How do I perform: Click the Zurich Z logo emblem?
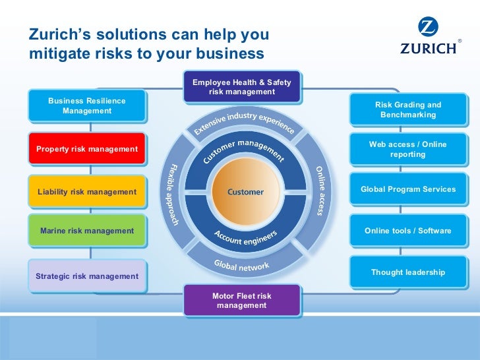[x=428, y=28]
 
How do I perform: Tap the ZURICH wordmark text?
[x=428, y=48]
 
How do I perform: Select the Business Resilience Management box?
[x=87, y=105]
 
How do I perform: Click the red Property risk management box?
[x=87, y=149]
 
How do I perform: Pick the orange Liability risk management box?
[x=87, y=192]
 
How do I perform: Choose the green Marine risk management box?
[x=87, y=231]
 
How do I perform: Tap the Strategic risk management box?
[x=87, y=276]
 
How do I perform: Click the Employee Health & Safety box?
[x=241, y=87]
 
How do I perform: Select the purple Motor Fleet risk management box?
[x=241, y=301]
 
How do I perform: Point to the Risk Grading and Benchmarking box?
[x=407, y=109]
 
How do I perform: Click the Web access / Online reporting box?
[x=407, y=149]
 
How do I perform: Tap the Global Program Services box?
[x=407, y=189]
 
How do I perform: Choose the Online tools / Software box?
[x=407, y=231]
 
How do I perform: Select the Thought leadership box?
[x=407, y=272]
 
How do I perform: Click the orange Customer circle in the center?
[x=245, y=193]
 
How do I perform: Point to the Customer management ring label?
[x=243, y=150]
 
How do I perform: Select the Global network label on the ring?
[x=241, y=265]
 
